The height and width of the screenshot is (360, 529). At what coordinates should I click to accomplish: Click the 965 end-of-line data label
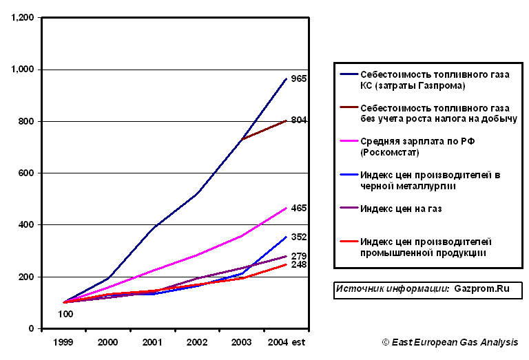point(298,79)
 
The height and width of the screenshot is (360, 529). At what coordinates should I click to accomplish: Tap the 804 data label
point(298,120)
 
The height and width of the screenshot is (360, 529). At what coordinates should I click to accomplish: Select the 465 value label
point(298,208)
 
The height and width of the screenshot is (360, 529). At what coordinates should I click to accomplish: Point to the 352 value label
point(298,237)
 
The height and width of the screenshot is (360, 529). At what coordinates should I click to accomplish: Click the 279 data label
point(298,257)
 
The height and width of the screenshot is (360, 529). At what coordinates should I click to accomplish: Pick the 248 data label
point(298,265)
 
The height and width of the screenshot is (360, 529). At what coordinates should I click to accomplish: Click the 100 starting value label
point(65,314)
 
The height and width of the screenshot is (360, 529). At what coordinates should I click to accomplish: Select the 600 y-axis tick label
point(28,173)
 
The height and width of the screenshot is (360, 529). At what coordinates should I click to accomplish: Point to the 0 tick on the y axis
point(32,329)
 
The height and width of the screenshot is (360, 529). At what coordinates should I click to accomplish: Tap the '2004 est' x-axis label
point(286,341)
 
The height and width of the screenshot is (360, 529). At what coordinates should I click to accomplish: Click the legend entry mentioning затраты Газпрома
point(434,80)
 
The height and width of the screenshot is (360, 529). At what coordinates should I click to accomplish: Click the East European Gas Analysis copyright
point(450,342)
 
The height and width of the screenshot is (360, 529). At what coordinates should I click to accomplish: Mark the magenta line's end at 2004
point(286,208)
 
